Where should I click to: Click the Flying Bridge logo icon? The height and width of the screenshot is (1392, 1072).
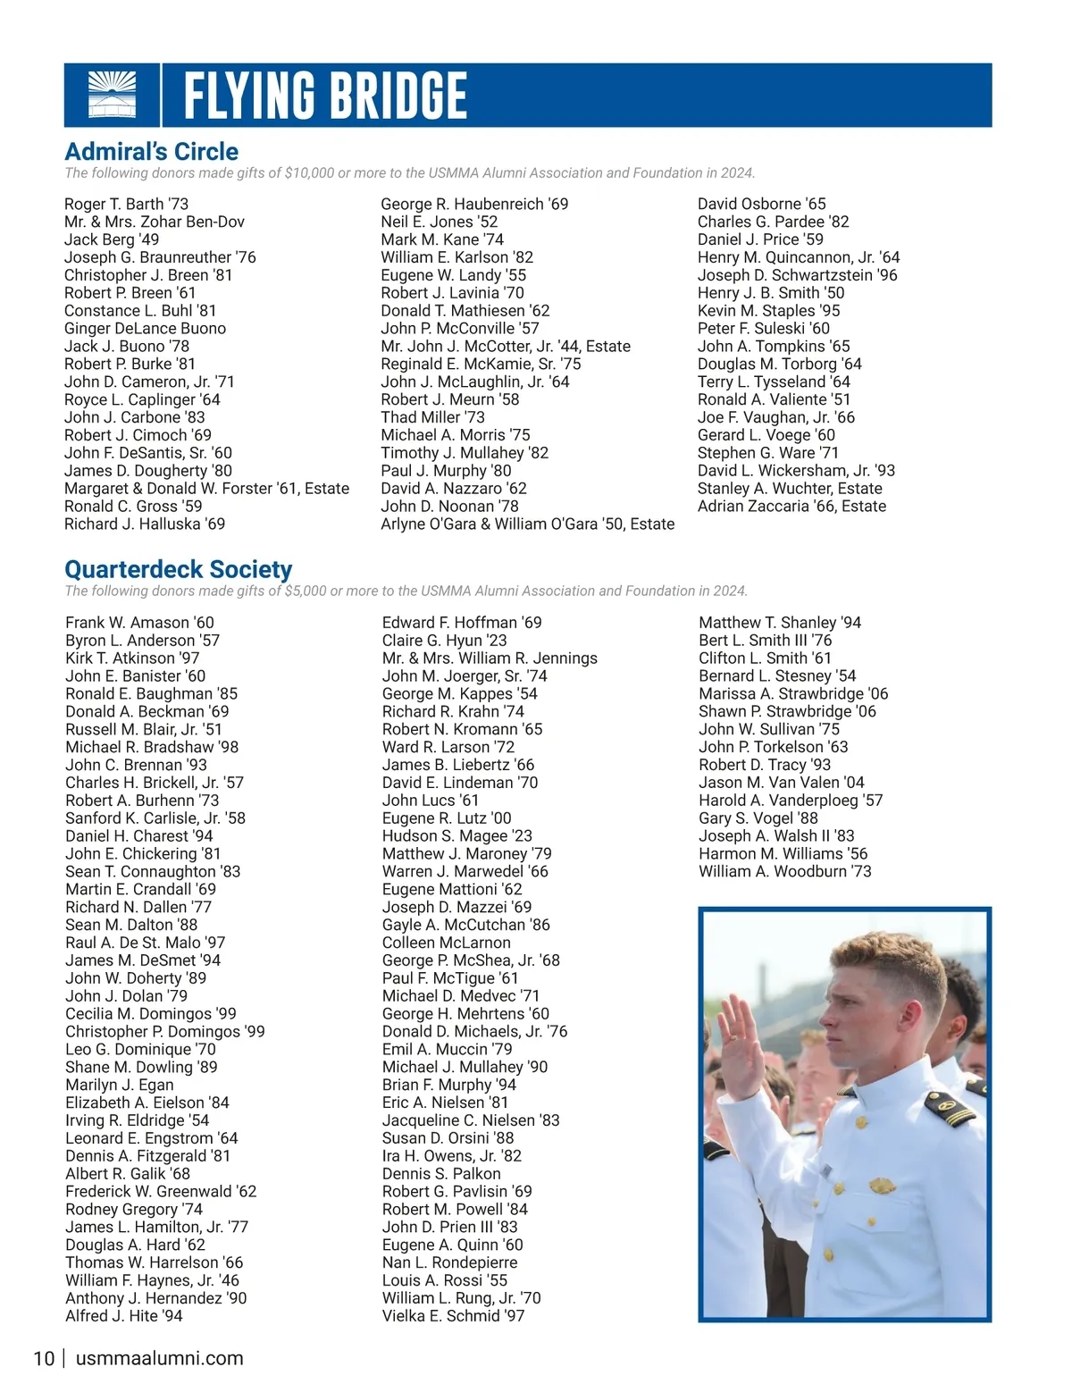(x=113, y=95)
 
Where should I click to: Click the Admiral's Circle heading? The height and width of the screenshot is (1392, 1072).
(x=152, y=152)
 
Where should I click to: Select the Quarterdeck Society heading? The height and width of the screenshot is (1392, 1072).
(x=179, y=570)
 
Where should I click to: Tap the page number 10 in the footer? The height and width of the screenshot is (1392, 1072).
(x=44, y=1359)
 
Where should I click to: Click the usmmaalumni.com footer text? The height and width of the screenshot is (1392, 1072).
(x=160, y=1359)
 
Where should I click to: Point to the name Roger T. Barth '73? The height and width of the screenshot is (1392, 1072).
(x=127, y=205)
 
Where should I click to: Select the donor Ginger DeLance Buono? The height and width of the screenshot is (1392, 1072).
(x=146, y=329)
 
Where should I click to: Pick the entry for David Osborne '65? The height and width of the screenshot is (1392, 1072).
(x=762, y=205)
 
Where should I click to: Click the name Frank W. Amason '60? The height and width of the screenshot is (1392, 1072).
(x=140, y=623)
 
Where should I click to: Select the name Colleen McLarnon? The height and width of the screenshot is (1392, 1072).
(x=447, y=943)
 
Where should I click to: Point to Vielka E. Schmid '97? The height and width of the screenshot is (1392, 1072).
(x=454, y=1316)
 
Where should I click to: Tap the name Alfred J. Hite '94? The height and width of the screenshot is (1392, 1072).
(x=124, y=1316)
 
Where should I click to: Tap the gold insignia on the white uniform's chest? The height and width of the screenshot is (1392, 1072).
(x=880, y=1187)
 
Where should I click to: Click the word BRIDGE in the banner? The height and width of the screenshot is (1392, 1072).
(x=395, y=95)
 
